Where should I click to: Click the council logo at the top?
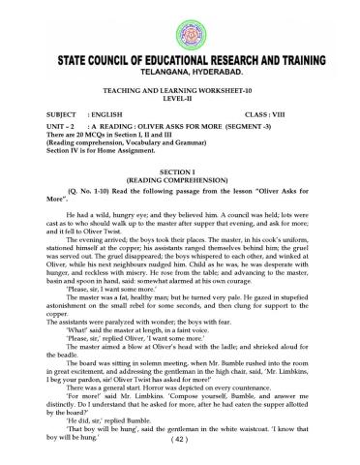click(x=180, y=23)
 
